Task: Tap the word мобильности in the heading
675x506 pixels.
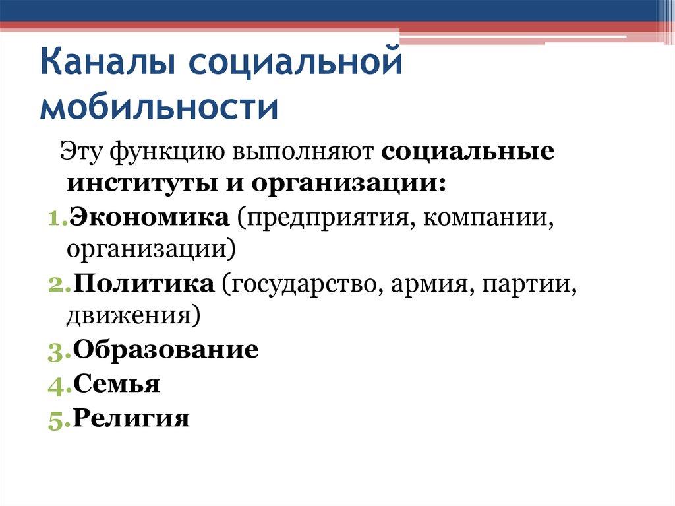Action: (159, 108)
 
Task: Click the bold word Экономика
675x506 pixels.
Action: (150, 216)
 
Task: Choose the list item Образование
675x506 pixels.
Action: (165, 350)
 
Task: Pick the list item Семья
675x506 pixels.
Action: (116, 383)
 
